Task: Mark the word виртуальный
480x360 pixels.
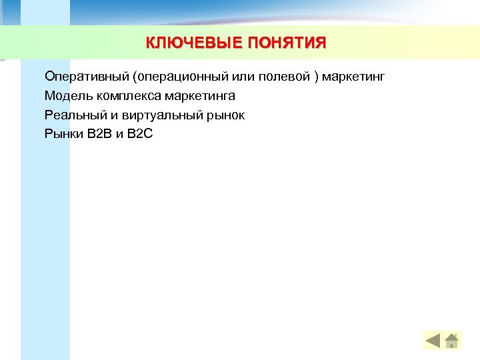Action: click(x=157, y=115)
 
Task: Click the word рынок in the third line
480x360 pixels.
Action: click(x=227, y=115)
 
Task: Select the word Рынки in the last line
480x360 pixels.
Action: click(x=64, y=134)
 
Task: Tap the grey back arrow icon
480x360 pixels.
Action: click(x=433, y=341)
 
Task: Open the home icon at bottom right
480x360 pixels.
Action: click(x=452, y=341)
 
